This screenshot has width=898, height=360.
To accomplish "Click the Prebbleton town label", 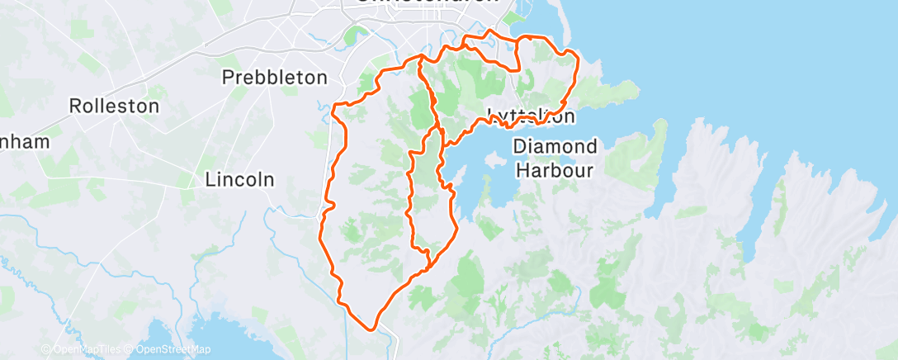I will (x=276, y=78).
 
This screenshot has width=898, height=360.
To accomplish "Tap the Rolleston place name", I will (x=114, y=107).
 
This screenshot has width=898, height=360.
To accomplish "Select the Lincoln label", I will (x=239, y=179).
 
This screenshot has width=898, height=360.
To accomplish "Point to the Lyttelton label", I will (x=531, y=116).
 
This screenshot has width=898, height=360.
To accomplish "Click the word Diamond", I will (x=555, y=147).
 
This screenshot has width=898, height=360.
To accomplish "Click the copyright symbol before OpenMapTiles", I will (x=46, y=350).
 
